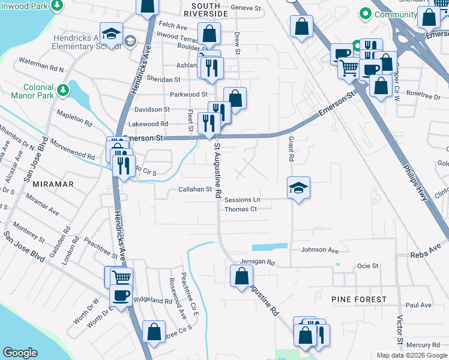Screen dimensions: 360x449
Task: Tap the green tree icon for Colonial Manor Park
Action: point(63,91)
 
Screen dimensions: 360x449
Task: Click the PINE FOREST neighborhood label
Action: point(359,299)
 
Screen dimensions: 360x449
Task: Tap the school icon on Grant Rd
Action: point(298,188)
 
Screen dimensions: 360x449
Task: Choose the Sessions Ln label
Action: point(243,199)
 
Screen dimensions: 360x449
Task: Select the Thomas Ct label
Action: point(241,209)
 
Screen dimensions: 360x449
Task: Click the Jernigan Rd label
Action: point(257,262)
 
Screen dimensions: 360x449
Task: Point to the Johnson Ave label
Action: point(316,250)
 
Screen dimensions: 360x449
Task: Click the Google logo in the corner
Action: point(20,353)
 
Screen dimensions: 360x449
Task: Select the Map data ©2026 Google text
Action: point(412,355)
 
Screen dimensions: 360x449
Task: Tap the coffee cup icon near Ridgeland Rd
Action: point(121,295)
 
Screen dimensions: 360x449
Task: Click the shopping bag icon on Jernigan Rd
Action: point(241,276)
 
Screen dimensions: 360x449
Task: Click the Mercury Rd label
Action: point(423,345)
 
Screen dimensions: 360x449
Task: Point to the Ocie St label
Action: point(367,266)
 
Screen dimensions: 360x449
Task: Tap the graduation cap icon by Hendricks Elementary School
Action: point(112,33)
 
